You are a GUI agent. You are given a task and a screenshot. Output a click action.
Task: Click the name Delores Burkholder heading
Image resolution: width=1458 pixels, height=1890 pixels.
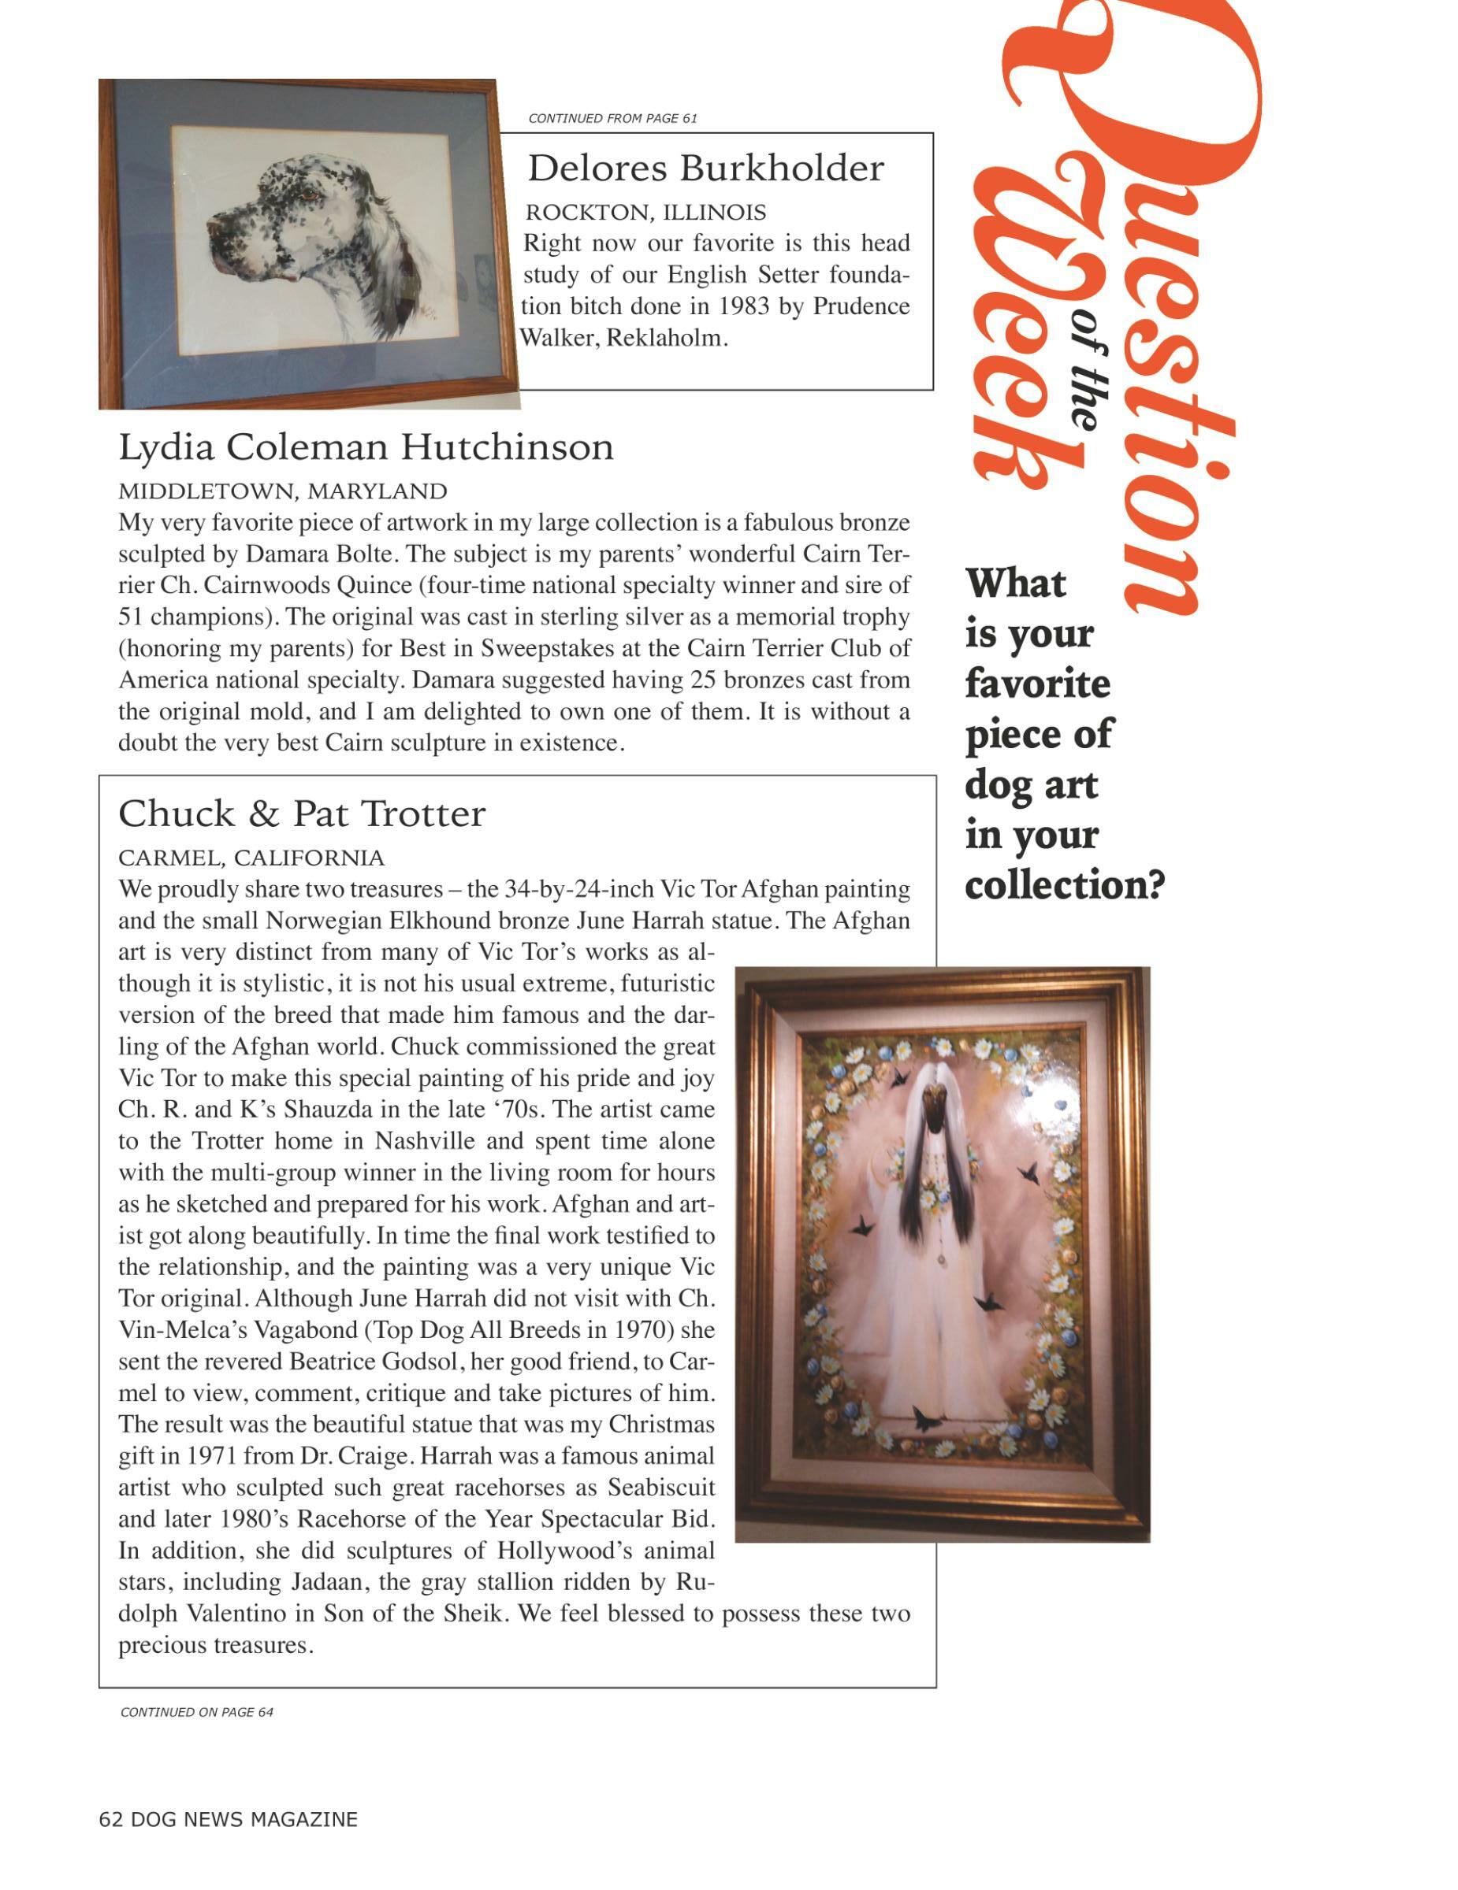pyautogui.click(x=705, y=168)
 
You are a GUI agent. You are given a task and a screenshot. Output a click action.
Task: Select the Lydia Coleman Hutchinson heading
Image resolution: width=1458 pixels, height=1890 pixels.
pyautogui.click(x=366, y=447)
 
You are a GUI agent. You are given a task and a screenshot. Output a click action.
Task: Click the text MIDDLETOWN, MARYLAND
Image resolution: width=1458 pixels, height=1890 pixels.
pyautogui.click(x=282, y=491)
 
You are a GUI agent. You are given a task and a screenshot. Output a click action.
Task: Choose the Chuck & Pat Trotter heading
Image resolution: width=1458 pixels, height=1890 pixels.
pyautogui.click(x=301, y=813)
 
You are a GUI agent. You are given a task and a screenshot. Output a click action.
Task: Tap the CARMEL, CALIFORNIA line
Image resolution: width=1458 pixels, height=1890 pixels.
pyautogui.click(x=251, y=858)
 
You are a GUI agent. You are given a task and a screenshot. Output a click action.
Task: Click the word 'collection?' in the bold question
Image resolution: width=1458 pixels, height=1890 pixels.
pyautogui.click(x=1065, y=885)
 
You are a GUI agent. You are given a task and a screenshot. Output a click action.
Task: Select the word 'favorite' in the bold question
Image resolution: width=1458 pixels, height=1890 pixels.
pyautogui.click(x=1037, y=684)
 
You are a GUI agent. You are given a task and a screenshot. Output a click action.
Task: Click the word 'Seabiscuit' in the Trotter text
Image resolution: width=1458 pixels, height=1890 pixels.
pyautogui.click(x=661, y=1488)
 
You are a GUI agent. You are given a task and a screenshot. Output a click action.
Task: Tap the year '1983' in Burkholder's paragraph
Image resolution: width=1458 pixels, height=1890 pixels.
pyautogui.click(x=746, y=306)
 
